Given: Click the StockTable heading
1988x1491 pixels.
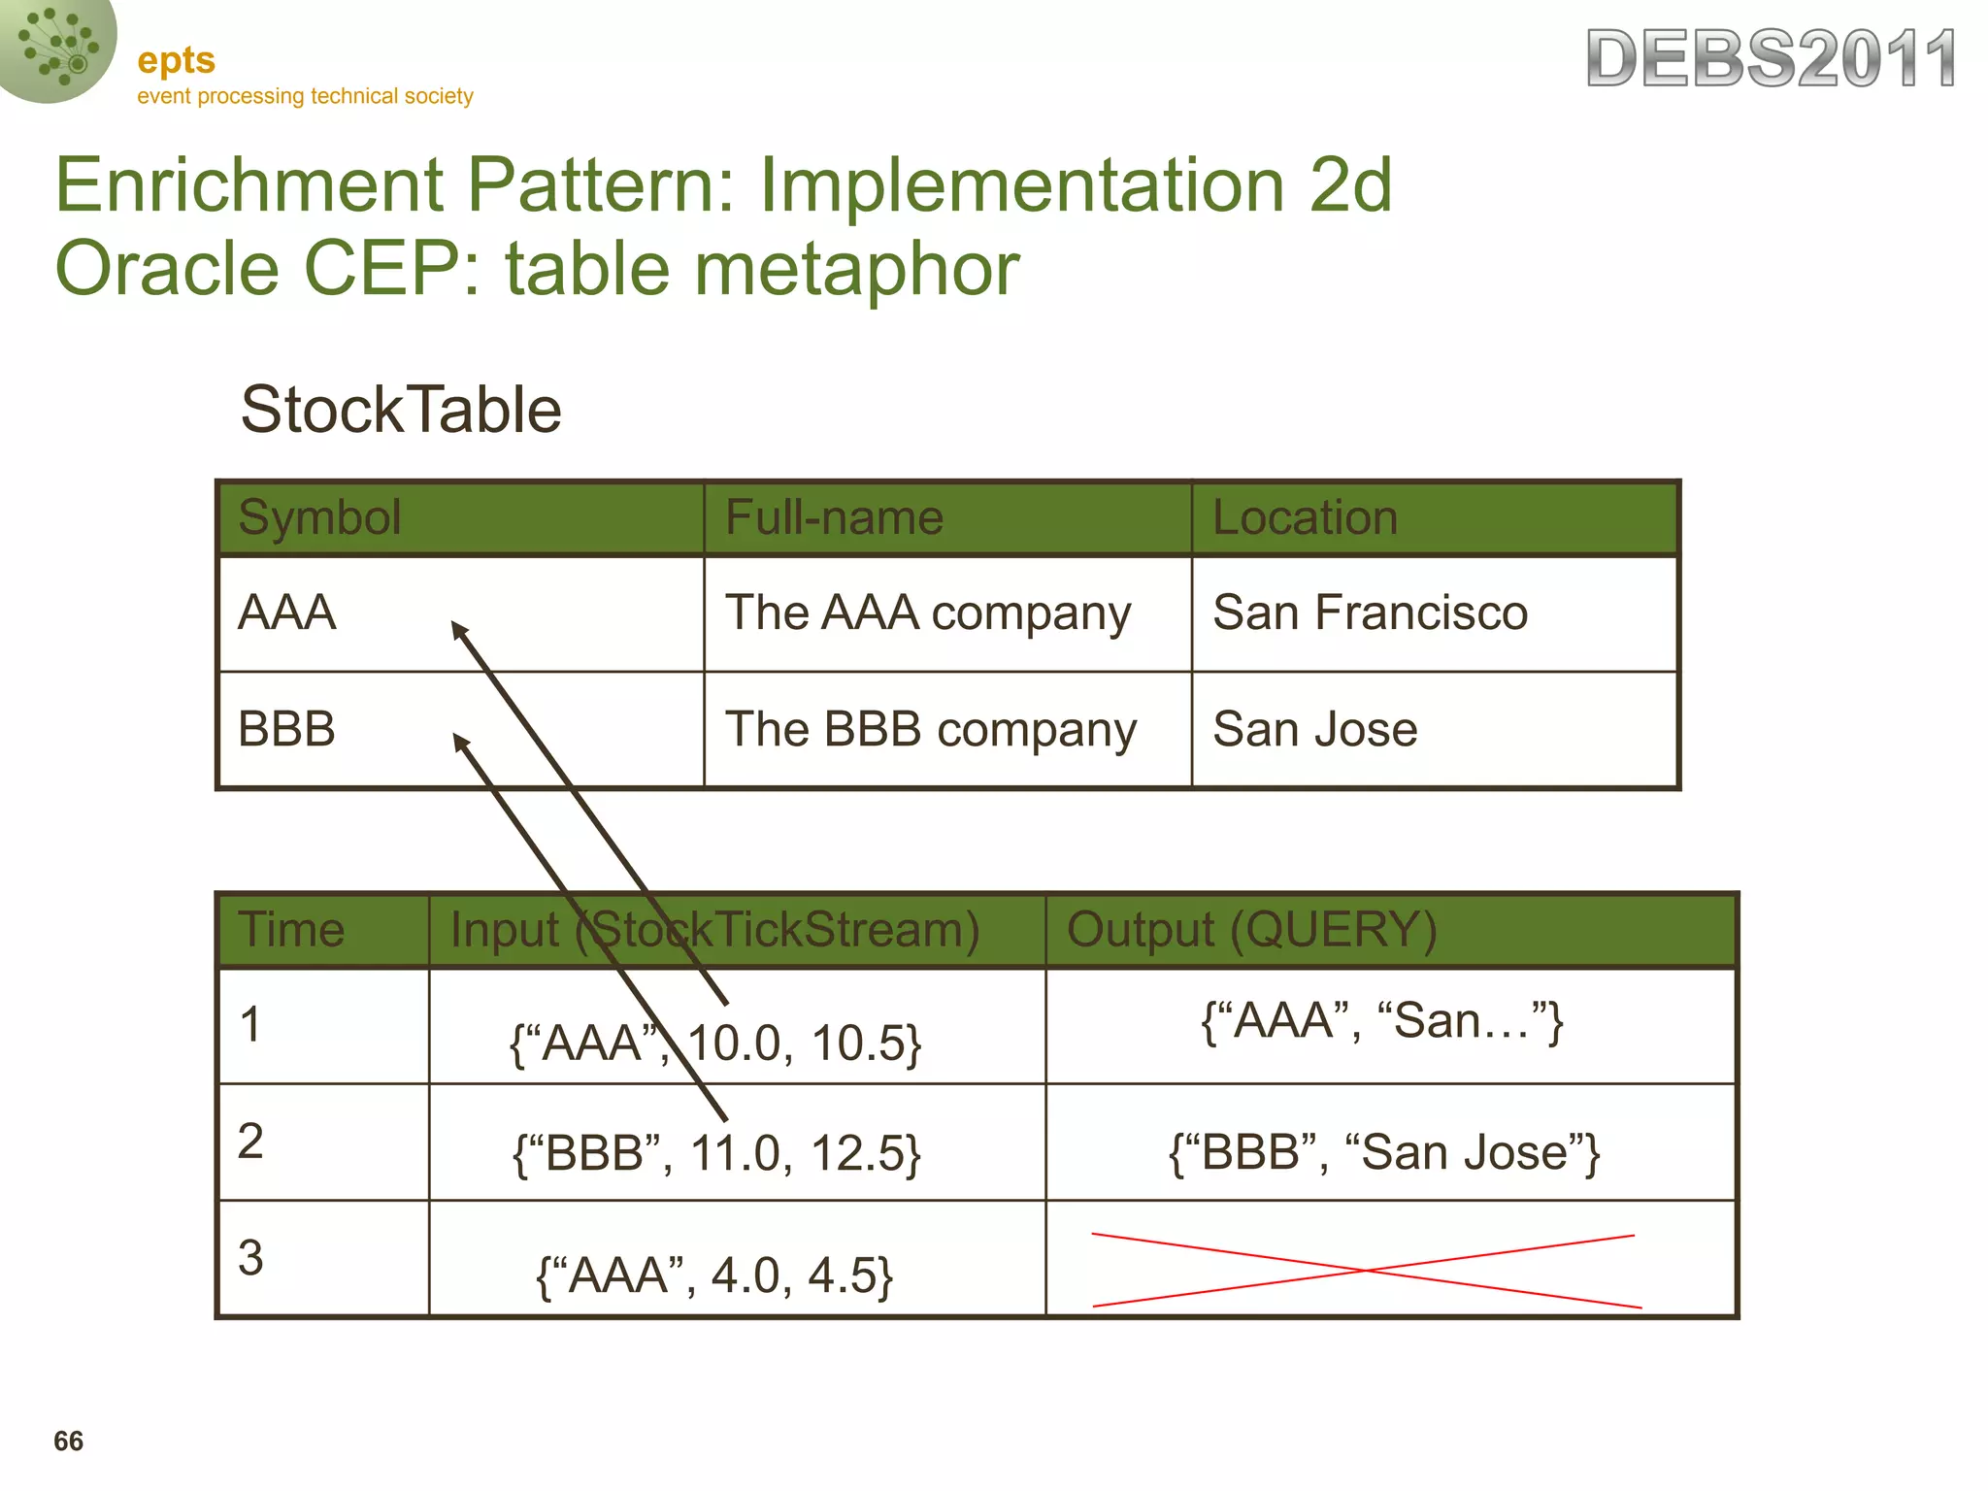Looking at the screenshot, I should tap(401, 410).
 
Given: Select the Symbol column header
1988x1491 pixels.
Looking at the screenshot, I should tap(319, 517).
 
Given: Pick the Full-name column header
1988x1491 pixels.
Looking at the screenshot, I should tap(834, 517).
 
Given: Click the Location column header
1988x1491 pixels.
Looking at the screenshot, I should tap(1305, 517).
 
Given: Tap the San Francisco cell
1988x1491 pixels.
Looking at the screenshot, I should tap(1370, 613).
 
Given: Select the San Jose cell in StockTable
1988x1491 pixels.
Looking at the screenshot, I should tap(1314, 729).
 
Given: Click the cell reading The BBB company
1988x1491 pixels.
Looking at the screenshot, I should tap(930, 729).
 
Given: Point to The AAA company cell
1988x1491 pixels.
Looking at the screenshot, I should tap(928, 613).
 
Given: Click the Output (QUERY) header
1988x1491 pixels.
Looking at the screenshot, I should tap(1251, 929).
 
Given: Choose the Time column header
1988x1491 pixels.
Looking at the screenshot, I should tap(291, 929).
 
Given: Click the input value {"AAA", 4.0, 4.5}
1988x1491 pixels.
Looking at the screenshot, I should tap(714, 1276).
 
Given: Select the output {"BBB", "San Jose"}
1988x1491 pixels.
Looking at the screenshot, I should tap(1384, 1153).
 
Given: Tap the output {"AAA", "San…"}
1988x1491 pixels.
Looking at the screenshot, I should tap(1382, 1021).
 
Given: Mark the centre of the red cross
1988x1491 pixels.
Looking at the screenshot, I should tap(1366, 1270).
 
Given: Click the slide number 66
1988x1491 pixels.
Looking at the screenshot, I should tap(68, 1441).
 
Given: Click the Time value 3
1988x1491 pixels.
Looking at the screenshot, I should tap(250, 1258).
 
